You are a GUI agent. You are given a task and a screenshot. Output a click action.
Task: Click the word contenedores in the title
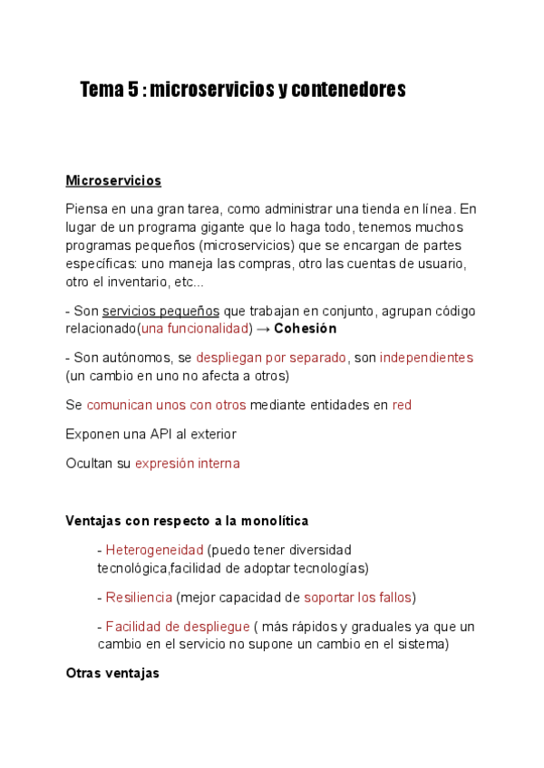coord(348,90)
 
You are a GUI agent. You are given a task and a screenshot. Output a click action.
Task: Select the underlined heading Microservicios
coord(113,181)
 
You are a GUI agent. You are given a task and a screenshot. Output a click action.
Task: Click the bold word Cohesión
coord(305,329)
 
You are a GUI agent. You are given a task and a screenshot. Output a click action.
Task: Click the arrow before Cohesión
coord(261,329)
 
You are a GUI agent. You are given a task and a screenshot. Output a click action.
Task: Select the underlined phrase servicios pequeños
coord(160,311)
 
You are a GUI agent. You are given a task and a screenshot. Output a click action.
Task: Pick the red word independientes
coord(426,358)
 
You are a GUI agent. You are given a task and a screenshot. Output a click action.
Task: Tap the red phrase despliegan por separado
coord(271,358)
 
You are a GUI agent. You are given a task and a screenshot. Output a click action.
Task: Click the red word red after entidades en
coord(402,405)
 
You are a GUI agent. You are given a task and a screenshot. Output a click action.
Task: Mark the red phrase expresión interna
coord(188,463)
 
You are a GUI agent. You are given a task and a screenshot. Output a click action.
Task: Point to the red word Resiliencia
coord(139,597)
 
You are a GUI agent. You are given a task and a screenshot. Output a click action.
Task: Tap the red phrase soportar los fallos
coord(358,597)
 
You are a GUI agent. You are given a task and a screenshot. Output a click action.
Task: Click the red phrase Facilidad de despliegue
coord(178,626)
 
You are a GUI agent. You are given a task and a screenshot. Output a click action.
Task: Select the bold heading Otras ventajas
coord(112,673)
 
